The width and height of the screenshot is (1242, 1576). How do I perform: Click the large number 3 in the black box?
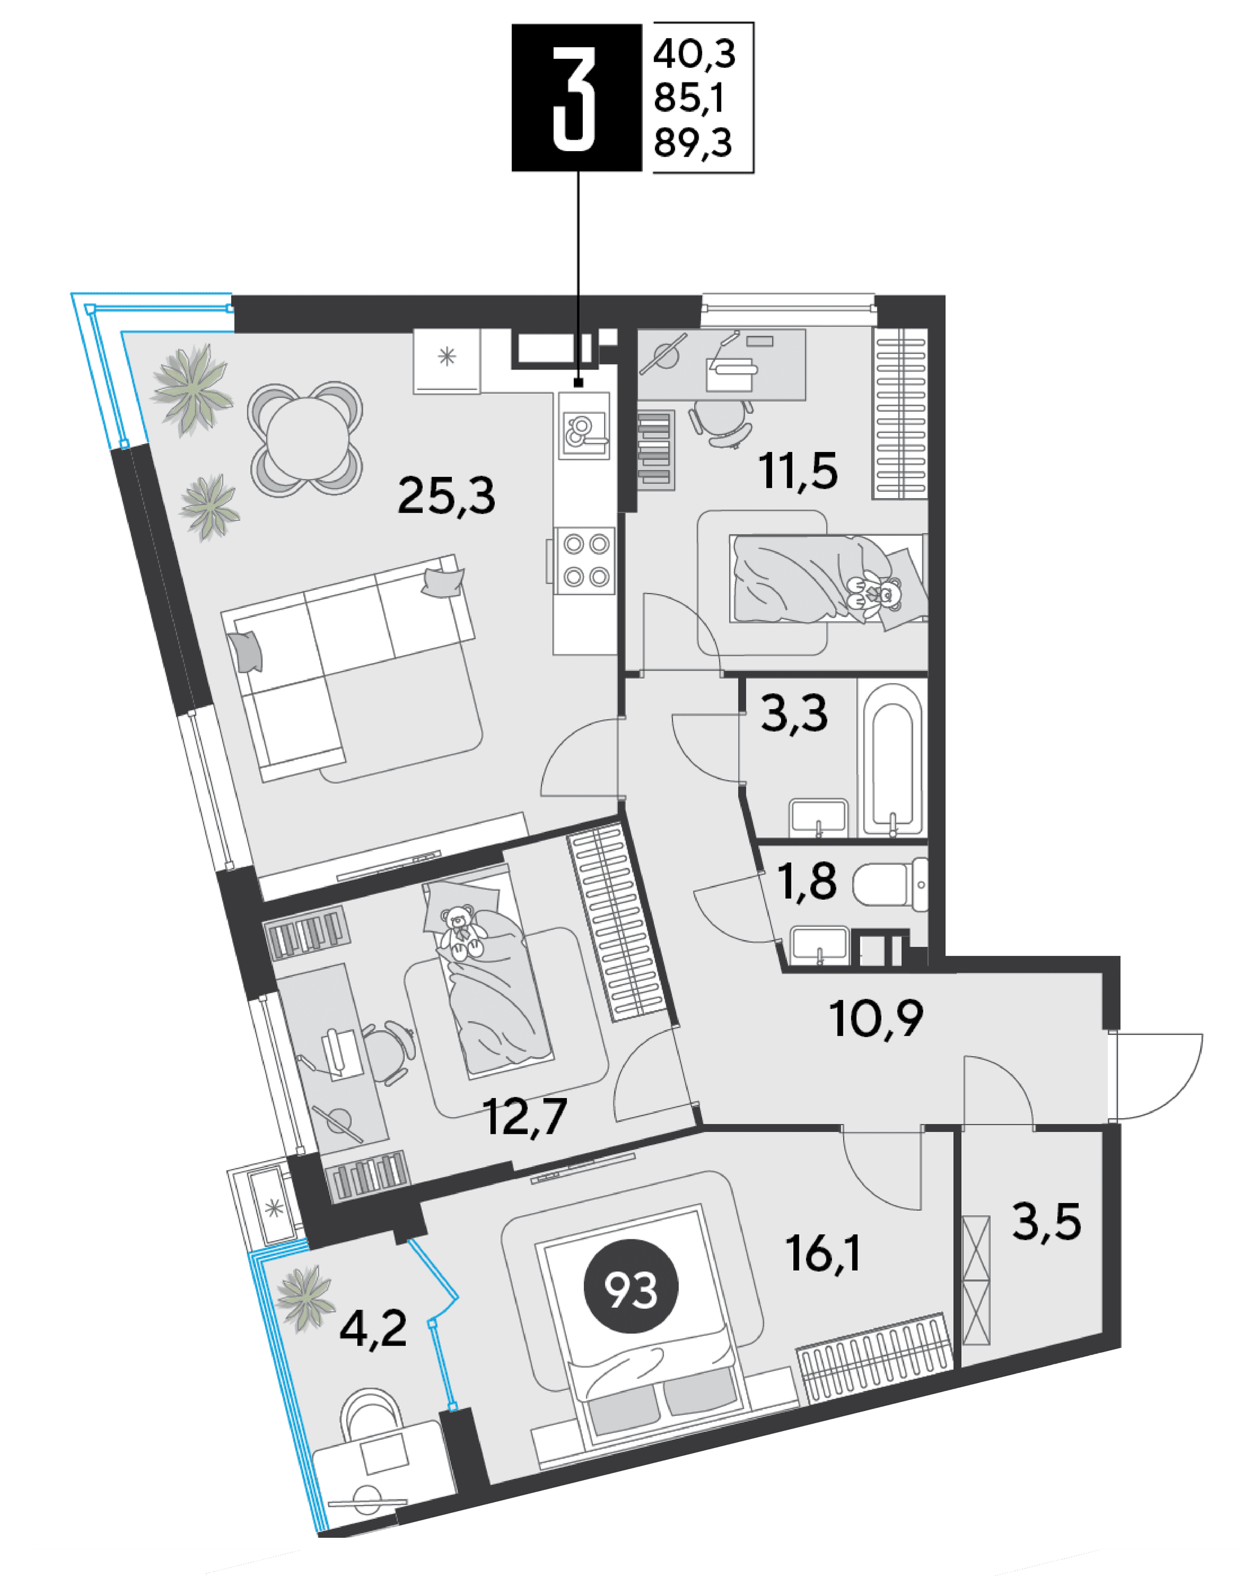(574, 98)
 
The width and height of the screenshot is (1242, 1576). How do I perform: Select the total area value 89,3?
(693, 143)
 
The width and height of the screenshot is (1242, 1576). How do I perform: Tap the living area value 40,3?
(694, 53)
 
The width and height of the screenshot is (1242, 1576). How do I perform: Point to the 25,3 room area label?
(446, 497)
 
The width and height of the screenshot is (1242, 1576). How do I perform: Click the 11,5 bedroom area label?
(797, 471)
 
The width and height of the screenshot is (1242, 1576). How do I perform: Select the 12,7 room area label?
(525, 1116)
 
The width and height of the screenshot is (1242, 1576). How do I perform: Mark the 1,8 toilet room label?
(807, 881)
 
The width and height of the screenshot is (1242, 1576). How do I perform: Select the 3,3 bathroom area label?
(794, 713)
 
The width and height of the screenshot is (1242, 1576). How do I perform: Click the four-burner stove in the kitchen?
(586, 561)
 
